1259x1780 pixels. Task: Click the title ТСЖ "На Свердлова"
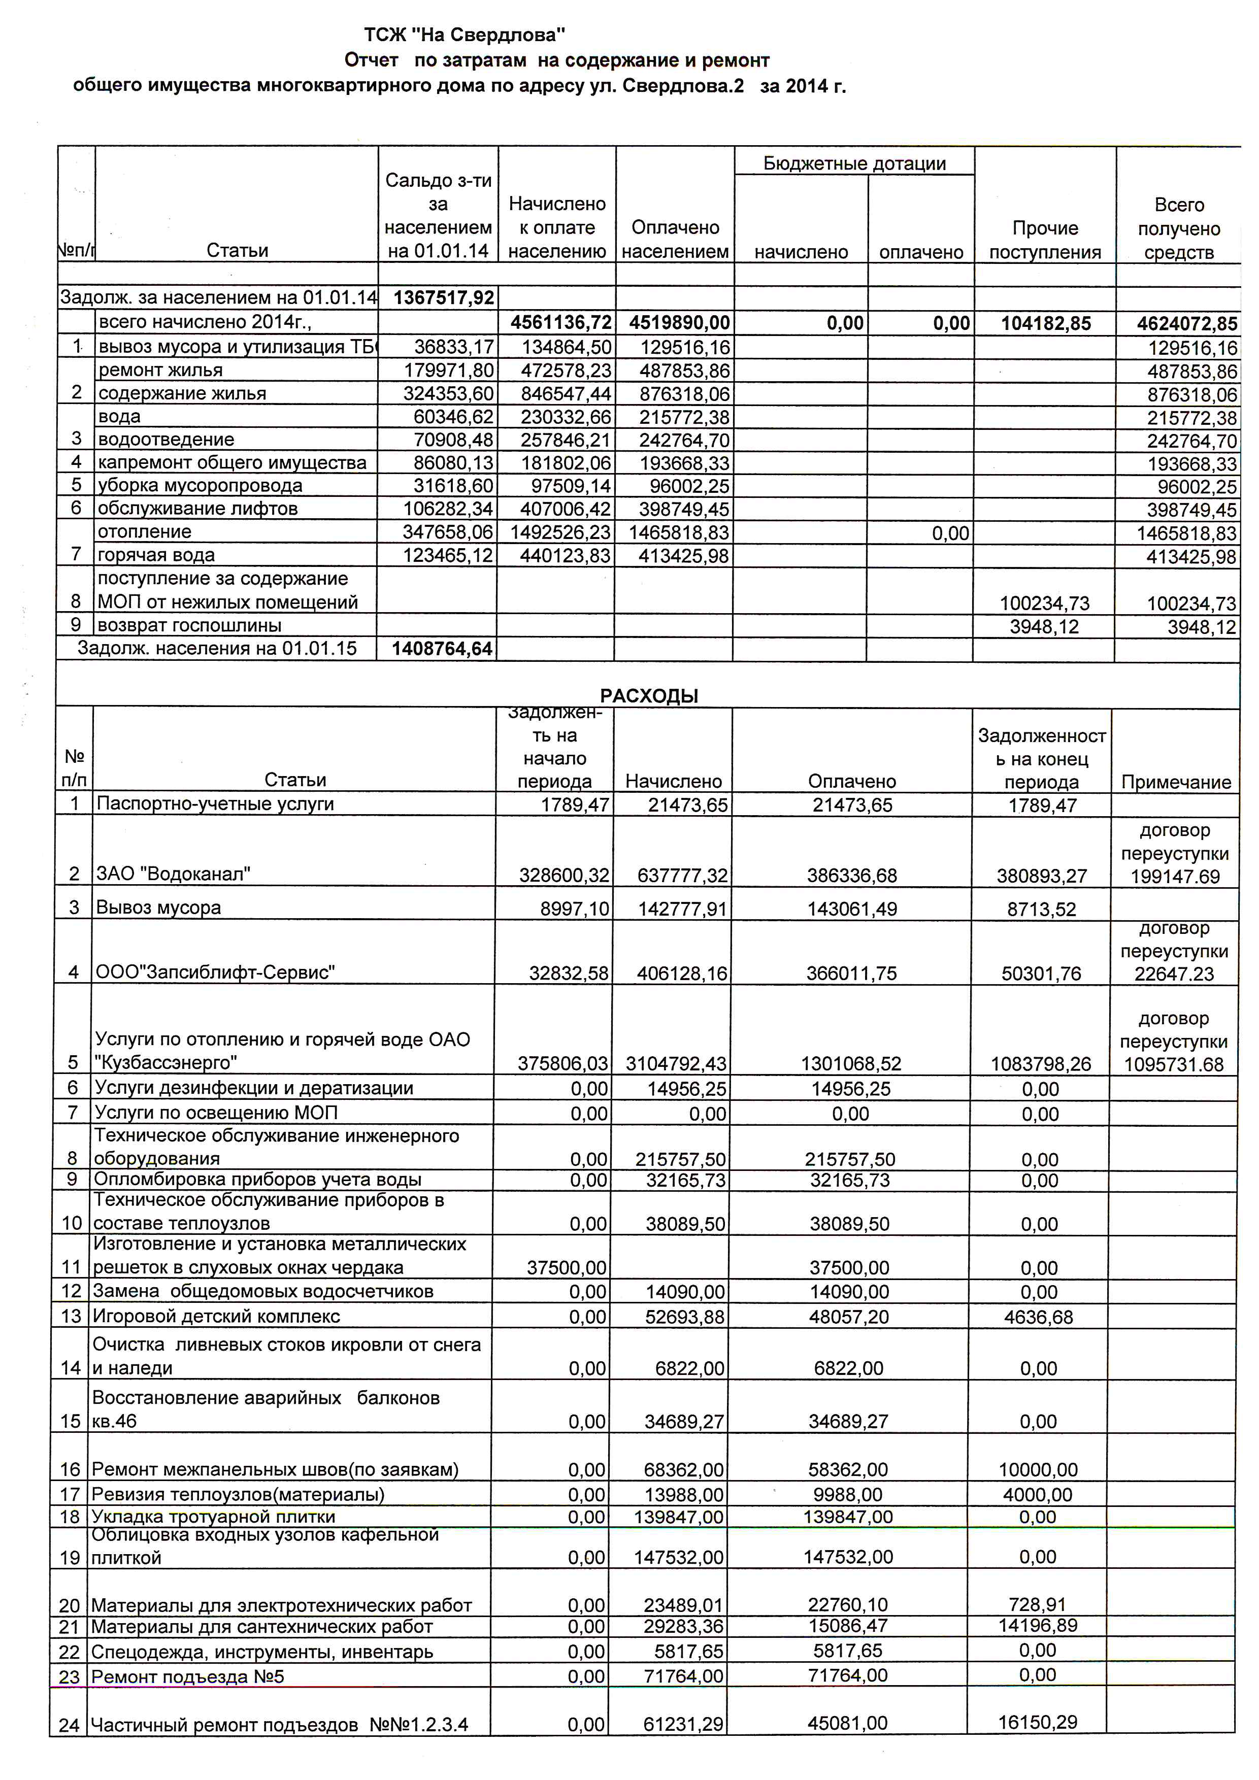465,35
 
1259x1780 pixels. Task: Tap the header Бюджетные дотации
854,163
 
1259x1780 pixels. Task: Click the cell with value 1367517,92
443,298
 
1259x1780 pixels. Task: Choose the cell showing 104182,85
1045,323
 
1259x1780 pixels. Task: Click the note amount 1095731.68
1174,1064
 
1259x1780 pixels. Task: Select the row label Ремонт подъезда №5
188,1677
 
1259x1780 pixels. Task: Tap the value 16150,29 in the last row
1038,1723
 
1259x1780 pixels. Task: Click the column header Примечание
1175,782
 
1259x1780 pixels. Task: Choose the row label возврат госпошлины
189,626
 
